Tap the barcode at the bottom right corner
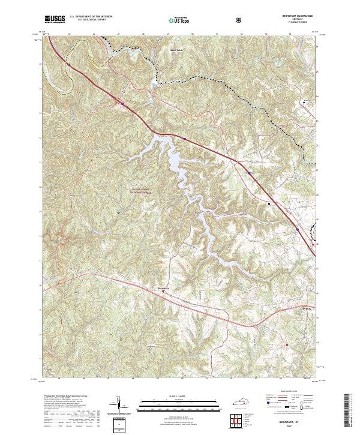pyautogui.click(x=350, y=410)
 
